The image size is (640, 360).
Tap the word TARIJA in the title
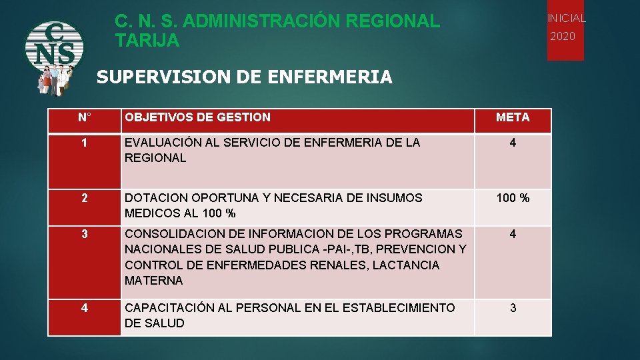147,41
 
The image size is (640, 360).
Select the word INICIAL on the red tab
566,18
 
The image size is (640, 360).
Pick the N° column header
84,118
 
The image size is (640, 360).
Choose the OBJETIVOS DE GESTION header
197,118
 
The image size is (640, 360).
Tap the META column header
513,118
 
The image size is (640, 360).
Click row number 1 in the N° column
84,143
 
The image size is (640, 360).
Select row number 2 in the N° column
84,198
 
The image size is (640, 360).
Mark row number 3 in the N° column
84,234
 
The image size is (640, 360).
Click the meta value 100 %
513,198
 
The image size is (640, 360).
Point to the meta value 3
513,308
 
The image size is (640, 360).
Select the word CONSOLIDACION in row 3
172,234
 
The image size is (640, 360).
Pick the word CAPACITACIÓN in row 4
167,308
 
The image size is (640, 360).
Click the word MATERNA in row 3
153,281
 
